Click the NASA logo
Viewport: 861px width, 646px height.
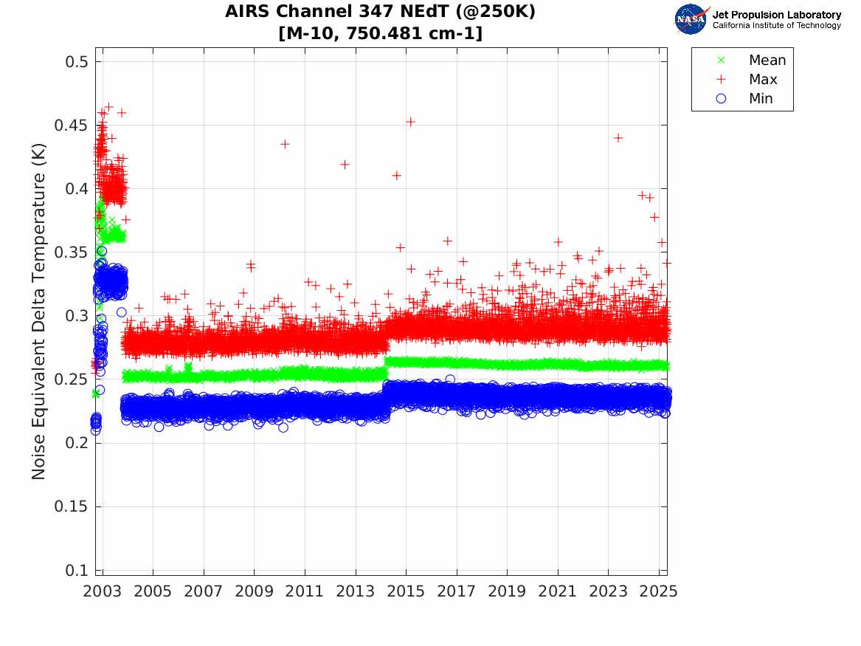click(x=692, y=18)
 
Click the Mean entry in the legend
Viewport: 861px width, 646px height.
click(x=767, y=61)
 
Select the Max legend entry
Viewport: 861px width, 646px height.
click(x=762, y=80)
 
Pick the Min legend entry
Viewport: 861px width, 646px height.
click(x=761, y=99)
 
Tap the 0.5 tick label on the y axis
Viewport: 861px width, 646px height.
click(x=73, y=61)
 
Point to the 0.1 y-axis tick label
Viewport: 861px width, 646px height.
click(x=73, y=571)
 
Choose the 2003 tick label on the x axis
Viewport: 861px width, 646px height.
click(x=103, y=591)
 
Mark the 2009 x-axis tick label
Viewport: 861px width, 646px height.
click(x=255, y=591)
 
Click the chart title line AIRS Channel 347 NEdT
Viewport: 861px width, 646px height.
click(x=380, y=13)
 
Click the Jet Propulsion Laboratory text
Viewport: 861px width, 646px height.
click(x=776, y=14)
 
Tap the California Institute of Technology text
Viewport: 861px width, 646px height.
click(x=776, y=25)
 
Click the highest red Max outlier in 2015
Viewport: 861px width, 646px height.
click(x=410, y=121)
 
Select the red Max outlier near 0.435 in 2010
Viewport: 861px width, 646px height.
click(x=285, y=144)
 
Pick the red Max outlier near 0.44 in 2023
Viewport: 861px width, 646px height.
click(x=618, y=137)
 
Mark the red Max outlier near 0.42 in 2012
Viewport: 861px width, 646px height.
click(x=345, y=164)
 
